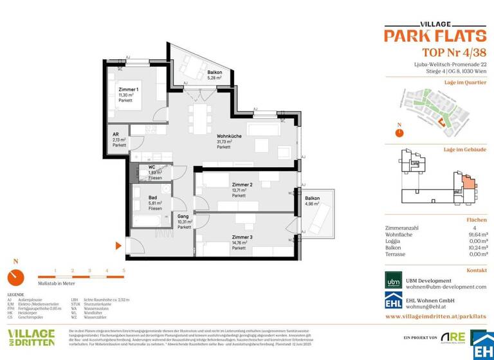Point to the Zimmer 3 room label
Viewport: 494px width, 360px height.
pyautogui.click(x=242, y=237)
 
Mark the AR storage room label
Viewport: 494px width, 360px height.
pyautogui.click(x=116, y=134)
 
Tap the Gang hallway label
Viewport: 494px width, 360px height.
pyautogui.click(x=183, y=217)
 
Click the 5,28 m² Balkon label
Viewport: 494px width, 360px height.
pyautogui.click(x=215, y=73)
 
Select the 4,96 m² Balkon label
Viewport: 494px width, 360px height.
pyautogui.click(x=313, y=198)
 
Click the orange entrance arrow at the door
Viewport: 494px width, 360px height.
pyautogui.click(x=118, y=246)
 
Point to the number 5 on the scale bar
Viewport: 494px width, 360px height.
pyautogui.click(x=123, y=271)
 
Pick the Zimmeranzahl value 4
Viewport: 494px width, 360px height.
pyautogui.click(x=484, y=228)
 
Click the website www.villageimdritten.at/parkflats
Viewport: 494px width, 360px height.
pyautogui.click(x=435, y=316)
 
